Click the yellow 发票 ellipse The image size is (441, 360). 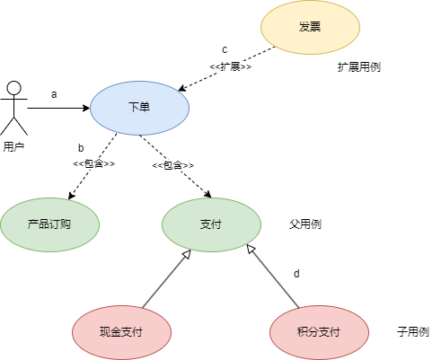point(310,27)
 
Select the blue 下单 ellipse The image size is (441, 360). point(139,108)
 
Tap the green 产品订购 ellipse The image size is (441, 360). point(49,224)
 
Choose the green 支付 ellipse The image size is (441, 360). point(211,224)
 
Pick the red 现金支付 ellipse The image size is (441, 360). point(121,332)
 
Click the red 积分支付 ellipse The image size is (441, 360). point(319,332)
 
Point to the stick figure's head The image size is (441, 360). point(14,88)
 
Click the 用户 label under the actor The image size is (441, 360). point(13,146)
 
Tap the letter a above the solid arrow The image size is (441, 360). point(54,94)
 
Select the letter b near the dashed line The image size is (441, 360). point(81,148)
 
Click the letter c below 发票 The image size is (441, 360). point(225,49)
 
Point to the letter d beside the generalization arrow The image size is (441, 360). point(296,274)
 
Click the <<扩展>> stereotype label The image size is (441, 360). point(231,66)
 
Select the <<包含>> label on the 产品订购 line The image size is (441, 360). point(94,163)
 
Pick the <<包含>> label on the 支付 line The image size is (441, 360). point(173,165)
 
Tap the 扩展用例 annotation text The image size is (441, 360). point(359,67)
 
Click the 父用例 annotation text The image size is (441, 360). point(305,224)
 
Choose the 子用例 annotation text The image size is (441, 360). point(413,332)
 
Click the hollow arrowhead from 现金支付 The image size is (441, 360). point(187,254)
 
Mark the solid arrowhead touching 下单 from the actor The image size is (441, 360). point(86,108)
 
